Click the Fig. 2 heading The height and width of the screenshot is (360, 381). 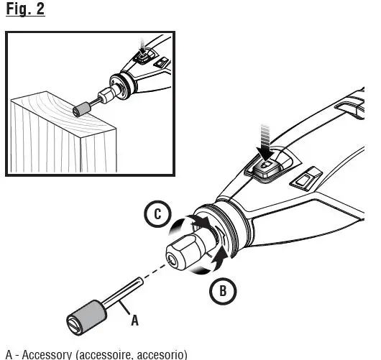pos(25,11)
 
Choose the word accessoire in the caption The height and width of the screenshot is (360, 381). pos(105,354)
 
